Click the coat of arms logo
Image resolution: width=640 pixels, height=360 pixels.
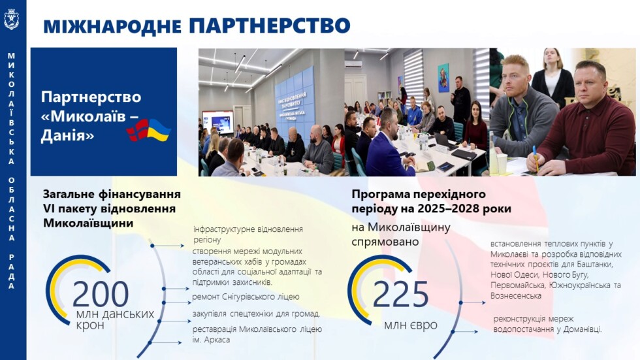coord(11,19)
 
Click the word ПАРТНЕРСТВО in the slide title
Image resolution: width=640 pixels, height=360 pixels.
coord(269,25)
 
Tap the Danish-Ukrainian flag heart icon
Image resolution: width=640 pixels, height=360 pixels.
coord(149,130)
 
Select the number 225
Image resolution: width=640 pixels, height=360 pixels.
coord(400,295)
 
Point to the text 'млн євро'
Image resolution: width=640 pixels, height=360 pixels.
coord(411,325)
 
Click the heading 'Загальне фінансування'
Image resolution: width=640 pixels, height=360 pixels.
coord(112,194)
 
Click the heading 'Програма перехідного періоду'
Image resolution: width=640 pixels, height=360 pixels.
coord(419,194)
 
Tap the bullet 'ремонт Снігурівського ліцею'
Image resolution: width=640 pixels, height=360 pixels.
coord(246,297)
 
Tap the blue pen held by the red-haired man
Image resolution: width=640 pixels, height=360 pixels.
coord(535,157)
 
